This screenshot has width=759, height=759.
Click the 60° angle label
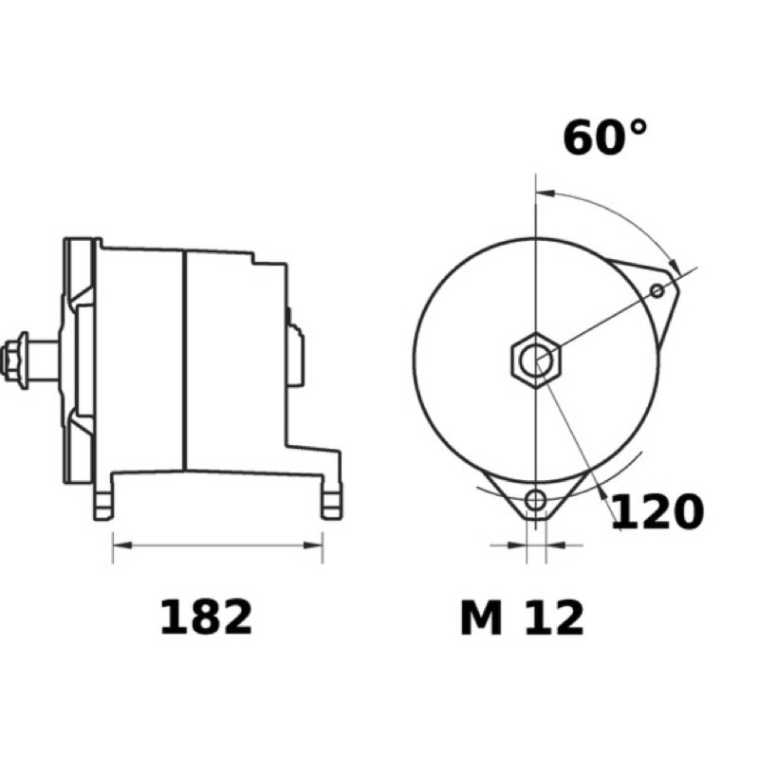(604, 138)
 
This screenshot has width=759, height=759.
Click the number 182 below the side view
(206, 618)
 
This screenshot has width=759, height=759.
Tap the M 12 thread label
(523, 618)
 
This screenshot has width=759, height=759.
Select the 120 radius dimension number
(657, 511)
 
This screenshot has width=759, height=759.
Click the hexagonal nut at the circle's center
(536, 360)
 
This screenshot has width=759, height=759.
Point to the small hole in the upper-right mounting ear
(657, 291)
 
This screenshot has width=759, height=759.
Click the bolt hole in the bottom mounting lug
(535, 500)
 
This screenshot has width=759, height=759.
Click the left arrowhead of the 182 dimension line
(122, 546)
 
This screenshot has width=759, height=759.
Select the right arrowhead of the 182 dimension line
(313, 546)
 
